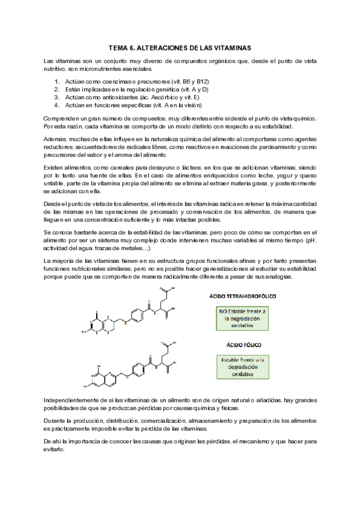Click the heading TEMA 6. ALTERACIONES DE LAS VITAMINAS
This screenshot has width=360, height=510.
tap(180, 46)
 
